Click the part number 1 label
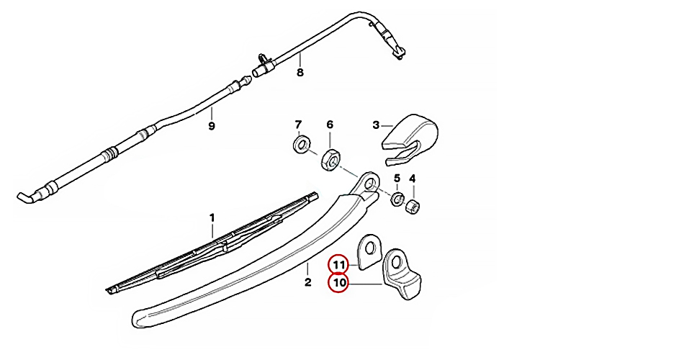pos(212,217)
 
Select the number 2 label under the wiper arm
pos(307,282)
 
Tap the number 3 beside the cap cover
pos(376,125)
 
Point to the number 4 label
pos(413,179)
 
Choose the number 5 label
pos(397,179)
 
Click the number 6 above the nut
pos(330,125)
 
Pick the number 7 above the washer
pos(299,125)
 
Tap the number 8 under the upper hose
pos(300,73)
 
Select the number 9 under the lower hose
pos(212,126)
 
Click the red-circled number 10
pos(338,284)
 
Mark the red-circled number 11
pos(338,264)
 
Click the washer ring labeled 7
pos(300,145)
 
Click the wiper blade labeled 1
pos(216,245)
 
